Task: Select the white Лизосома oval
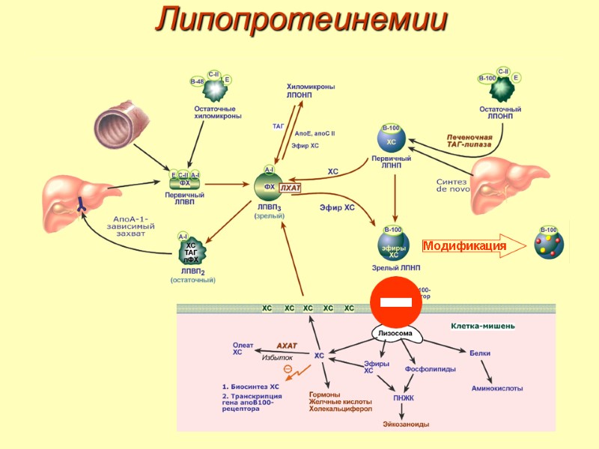394,333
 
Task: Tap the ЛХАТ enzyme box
290,188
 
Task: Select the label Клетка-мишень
482,326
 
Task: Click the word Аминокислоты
497,388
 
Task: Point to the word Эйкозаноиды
406,424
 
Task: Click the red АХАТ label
287,345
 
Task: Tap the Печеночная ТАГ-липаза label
469,141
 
